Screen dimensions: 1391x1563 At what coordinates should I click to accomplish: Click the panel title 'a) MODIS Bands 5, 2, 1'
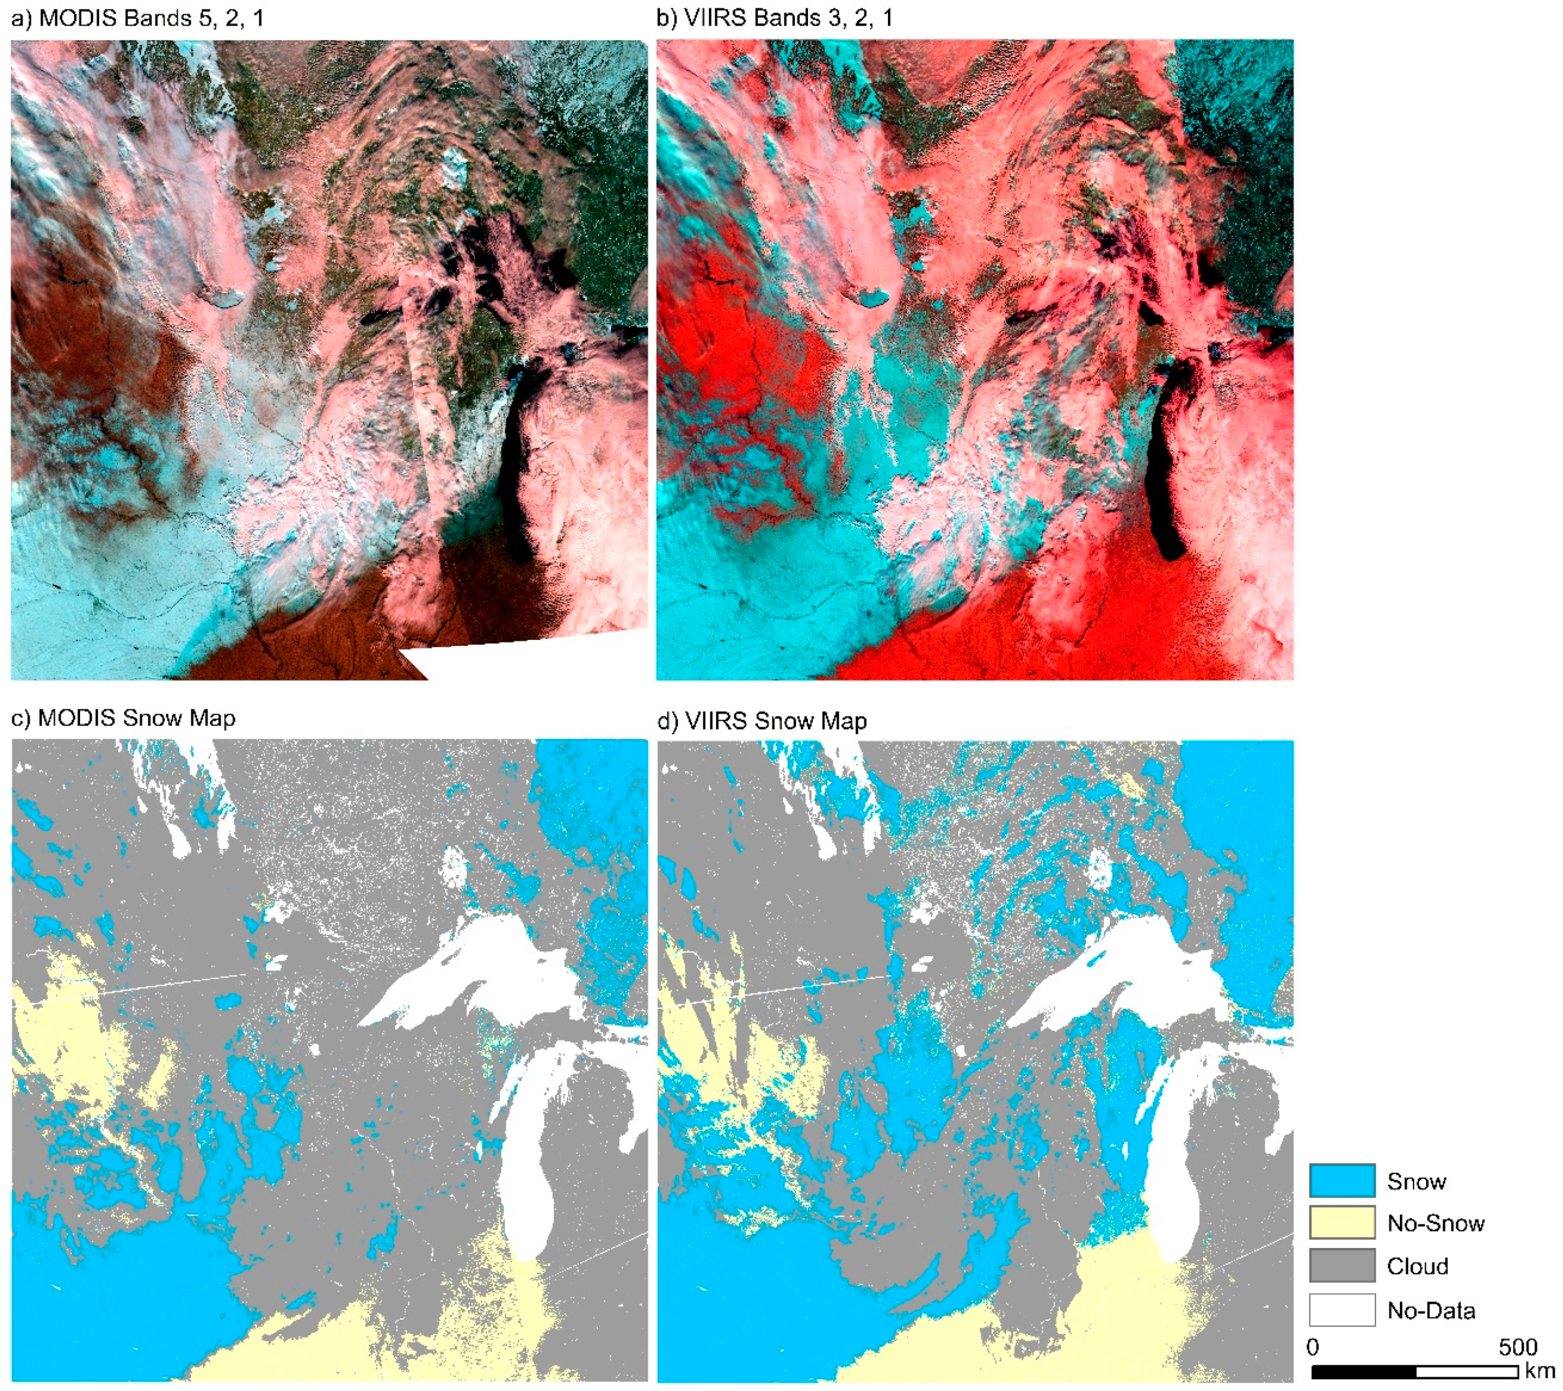pos(137,18)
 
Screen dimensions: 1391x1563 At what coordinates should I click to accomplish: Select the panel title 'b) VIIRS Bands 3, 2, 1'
pos(774,18)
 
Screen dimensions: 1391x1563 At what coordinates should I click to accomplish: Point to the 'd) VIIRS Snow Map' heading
pos(762,721)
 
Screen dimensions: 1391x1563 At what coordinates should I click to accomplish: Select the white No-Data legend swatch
pos(1342,1310)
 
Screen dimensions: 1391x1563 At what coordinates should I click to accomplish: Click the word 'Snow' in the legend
pos(1416,1182)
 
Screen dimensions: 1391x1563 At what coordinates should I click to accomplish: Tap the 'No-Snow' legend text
pos(1436,1224)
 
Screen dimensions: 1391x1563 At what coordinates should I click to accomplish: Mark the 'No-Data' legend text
pos(1431,1311)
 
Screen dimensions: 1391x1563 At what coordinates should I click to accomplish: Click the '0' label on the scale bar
pos(1313,1347)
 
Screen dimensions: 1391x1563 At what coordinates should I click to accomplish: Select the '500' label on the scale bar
pos(1518,1347)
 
